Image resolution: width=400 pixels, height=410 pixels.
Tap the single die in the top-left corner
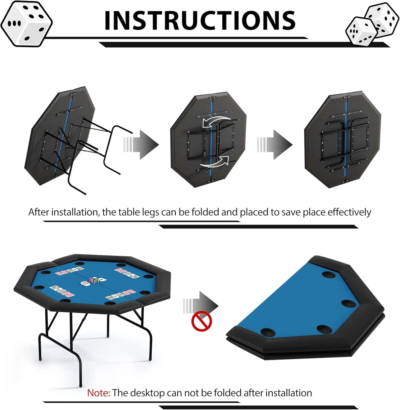[26, 24]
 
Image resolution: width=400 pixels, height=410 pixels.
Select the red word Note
[99, 393]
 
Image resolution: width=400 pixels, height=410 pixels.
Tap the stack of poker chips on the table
[94, 280]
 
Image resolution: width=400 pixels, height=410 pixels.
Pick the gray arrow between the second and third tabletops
[275, 145]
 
